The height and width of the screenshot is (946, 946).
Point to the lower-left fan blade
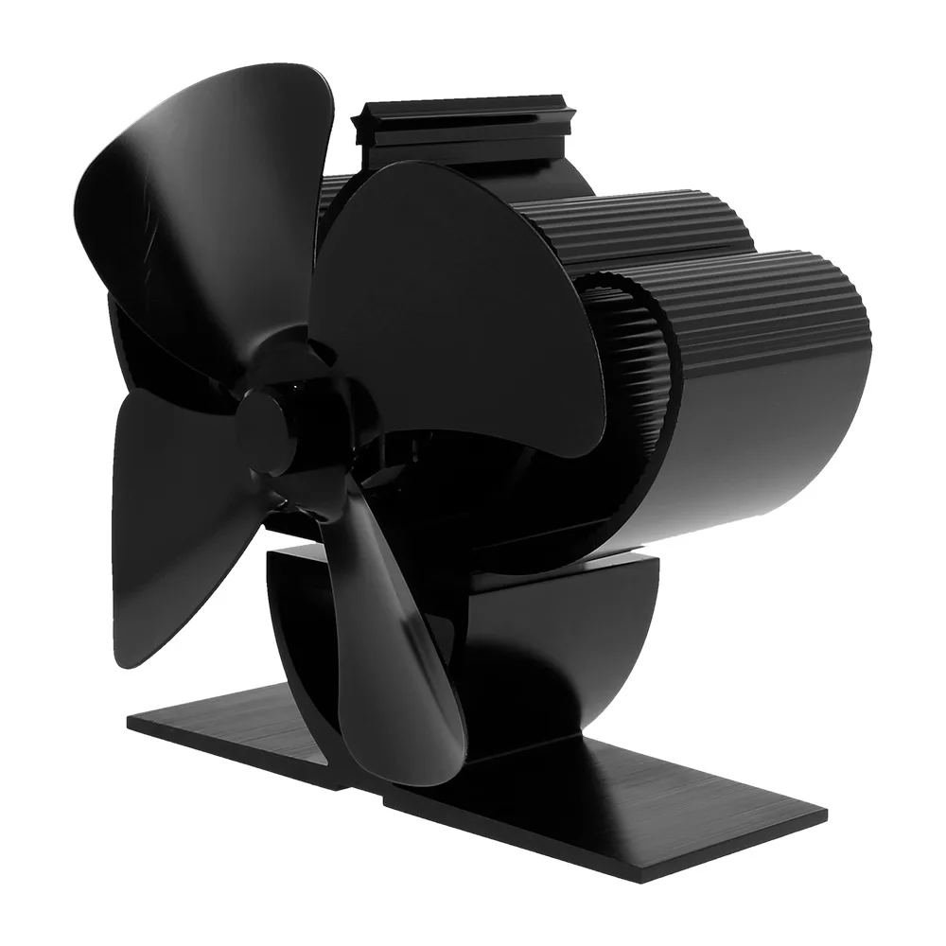[x=175, y=530]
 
